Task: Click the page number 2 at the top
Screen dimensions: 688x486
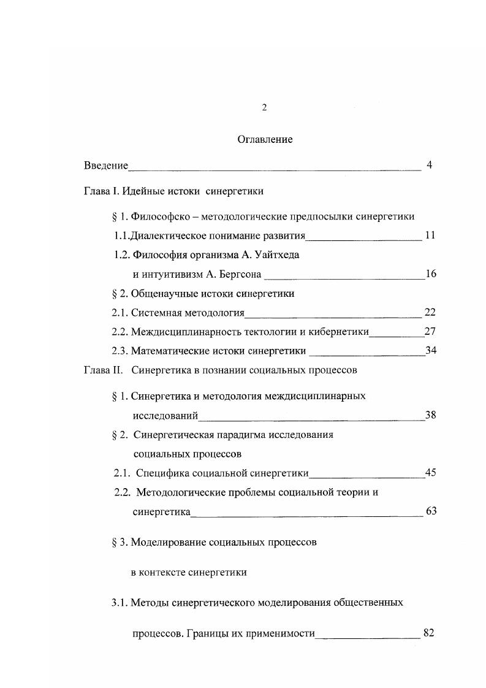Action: [x=264, y=108]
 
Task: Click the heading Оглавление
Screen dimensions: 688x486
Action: [x=265, y=140]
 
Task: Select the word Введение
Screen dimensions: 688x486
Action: [x=106, y=166]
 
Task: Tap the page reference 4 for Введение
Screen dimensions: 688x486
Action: [x=430, y=165]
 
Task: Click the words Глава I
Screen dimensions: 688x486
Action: [x=101, y=191]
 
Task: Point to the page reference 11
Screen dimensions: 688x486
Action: [x=430, y=235]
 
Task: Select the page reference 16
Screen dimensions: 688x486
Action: [x=430, y=273]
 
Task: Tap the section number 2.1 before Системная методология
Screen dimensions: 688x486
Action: [x=120, y=313]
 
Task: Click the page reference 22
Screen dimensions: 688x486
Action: [x=430, y=313]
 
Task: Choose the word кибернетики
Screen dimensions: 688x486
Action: [x=340, y=332]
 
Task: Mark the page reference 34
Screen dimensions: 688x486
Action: [x=430, y=351]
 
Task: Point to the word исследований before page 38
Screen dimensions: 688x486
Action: [x=165, y=416]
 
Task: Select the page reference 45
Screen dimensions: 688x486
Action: [x=430, y=472]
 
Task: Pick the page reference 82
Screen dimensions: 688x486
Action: [x=428, y=633]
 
